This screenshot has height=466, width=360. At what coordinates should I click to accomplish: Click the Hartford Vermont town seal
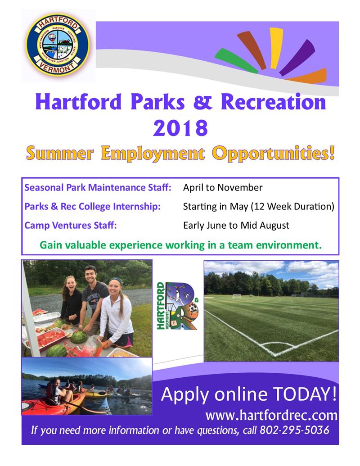[58, 45]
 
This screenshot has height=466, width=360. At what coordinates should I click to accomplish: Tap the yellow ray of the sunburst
[275, 42]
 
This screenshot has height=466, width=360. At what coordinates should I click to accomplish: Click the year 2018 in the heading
[180, 128]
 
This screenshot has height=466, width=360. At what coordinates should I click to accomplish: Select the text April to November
[222, 187]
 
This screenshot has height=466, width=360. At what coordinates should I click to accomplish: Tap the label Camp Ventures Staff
[71, 225]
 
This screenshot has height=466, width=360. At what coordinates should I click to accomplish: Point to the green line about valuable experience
[180, 245]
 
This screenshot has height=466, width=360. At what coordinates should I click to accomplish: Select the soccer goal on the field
[237, 296]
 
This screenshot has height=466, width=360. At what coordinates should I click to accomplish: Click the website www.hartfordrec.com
[271, 414]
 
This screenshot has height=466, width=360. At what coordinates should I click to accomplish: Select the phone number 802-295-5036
[294, 430]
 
